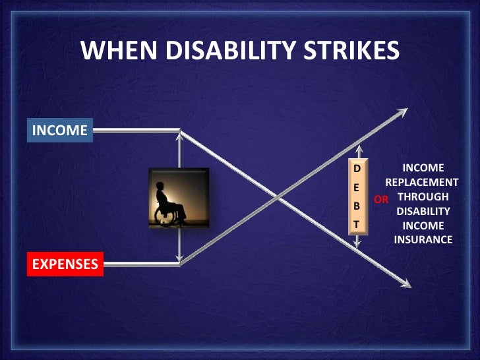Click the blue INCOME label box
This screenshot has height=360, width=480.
60,131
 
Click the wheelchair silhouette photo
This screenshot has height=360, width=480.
179,198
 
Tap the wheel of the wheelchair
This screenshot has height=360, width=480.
165,216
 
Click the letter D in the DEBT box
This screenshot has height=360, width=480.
357,169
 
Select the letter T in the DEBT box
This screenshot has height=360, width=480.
357,225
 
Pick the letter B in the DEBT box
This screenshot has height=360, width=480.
357,206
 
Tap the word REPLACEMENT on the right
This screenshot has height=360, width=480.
422,182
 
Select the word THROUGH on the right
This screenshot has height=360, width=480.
423,196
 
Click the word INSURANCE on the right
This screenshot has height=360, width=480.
423,239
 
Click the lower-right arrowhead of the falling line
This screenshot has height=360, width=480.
405,284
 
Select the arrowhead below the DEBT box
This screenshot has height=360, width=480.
357,243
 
